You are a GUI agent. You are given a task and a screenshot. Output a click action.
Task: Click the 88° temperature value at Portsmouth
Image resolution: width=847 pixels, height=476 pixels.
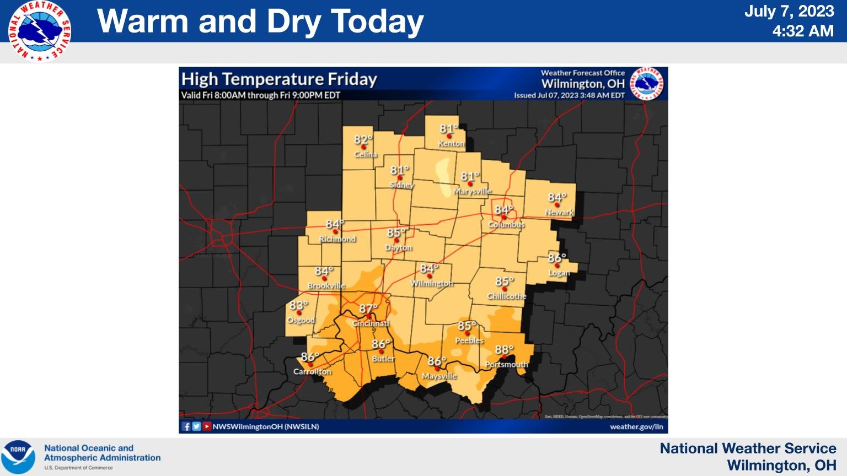pyautogui.click(x=504, y=350)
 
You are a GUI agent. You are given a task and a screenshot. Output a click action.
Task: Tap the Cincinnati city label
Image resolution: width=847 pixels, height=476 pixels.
pyautogui.click(x=371, y=323)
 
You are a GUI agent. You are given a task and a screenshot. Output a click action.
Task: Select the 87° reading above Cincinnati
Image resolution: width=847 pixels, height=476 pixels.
pyautogui.click(x=368, y=309)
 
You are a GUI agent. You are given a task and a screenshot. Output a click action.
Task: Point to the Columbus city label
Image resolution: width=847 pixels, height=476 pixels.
pyautogui.click(x=506, y=225)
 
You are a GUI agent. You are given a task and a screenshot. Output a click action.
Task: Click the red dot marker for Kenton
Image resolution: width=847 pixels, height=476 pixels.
pyautogui.click(x=449, y=136)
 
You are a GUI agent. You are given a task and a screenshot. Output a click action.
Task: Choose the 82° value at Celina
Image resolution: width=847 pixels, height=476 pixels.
pyautogui.click(x=363, y=140)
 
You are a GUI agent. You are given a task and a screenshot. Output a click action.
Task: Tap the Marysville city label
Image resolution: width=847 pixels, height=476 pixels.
pyautogui.click(x=472, y=191)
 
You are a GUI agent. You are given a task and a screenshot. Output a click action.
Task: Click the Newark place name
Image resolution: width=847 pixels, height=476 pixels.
pyautogui.click(x=559, y=212)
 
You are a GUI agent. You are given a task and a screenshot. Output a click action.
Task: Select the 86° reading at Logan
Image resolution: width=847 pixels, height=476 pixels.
pyautogui.click(x=557, y=258)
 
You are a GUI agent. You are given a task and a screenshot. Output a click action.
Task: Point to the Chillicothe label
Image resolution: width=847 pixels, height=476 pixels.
pyautogui.click(x=506, y=296)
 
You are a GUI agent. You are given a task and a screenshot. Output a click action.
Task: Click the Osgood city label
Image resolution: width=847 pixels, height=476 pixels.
pyautogui.click(x=301, y=320)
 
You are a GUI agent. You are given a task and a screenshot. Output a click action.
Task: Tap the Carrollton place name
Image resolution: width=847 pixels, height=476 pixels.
pyautogui.click(x=312, y=371)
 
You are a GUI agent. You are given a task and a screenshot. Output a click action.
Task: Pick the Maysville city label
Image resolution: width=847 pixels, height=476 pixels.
pyautogui.click(x=439, y=376)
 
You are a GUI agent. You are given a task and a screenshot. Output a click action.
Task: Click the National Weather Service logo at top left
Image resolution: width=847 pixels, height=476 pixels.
pyautogui.click(x=40, y=31)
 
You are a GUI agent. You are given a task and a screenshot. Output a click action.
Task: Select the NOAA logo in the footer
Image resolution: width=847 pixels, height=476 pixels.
pyautogui.click(x=18, y=457)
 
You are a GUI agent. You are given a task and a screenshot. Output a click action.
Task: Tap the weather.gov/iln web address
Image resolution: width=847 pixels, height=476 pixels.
pyautogui.click(x=636, y=426)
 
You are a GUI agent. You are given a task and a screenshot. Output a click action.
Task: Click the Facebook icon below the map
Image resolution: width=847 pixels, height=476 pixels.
pyautogui.click(x=186, y=426)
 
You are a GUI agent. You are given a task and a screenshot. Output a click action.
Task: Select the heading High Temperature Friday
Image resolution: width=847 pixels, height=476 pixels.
pyautogui.click(x=279, y=79)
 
